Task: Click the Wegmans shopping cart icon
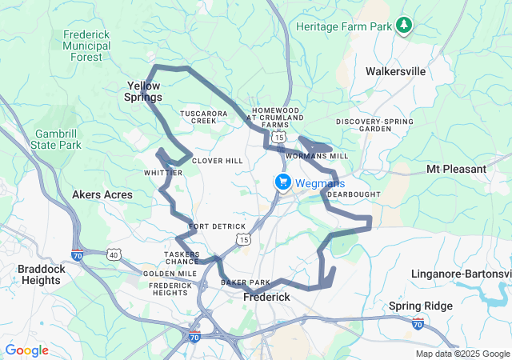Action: [x=282, y=182]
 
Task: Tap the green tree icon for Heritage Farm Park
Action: [x=405, y=26]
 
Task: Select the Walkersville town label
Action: [x=395, y=71]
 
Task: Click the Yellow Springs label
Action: [x=144, y=91]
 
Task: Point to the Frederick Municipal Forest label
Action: [x=86, y=46]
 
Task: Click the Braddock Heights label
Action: [x=41, y=274]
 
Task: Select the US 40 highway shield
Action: [x=115, y=254]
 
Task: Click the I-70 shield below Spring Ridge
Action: [x=418, y=322]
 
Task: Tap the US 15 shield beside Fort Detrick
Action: [x=242, y=238]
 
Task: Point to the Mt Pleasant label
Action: [x=456, y=169]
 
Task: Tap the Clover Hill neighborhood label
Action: [x=217, y=161]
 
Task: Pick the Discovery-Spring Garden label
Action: [x=374, y=125]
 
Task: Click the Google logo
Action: [x=26, y=350]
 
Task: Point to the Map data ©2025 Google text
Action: [x=462, y=354]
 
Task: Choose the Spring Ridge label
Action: [x=421, y=306]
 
